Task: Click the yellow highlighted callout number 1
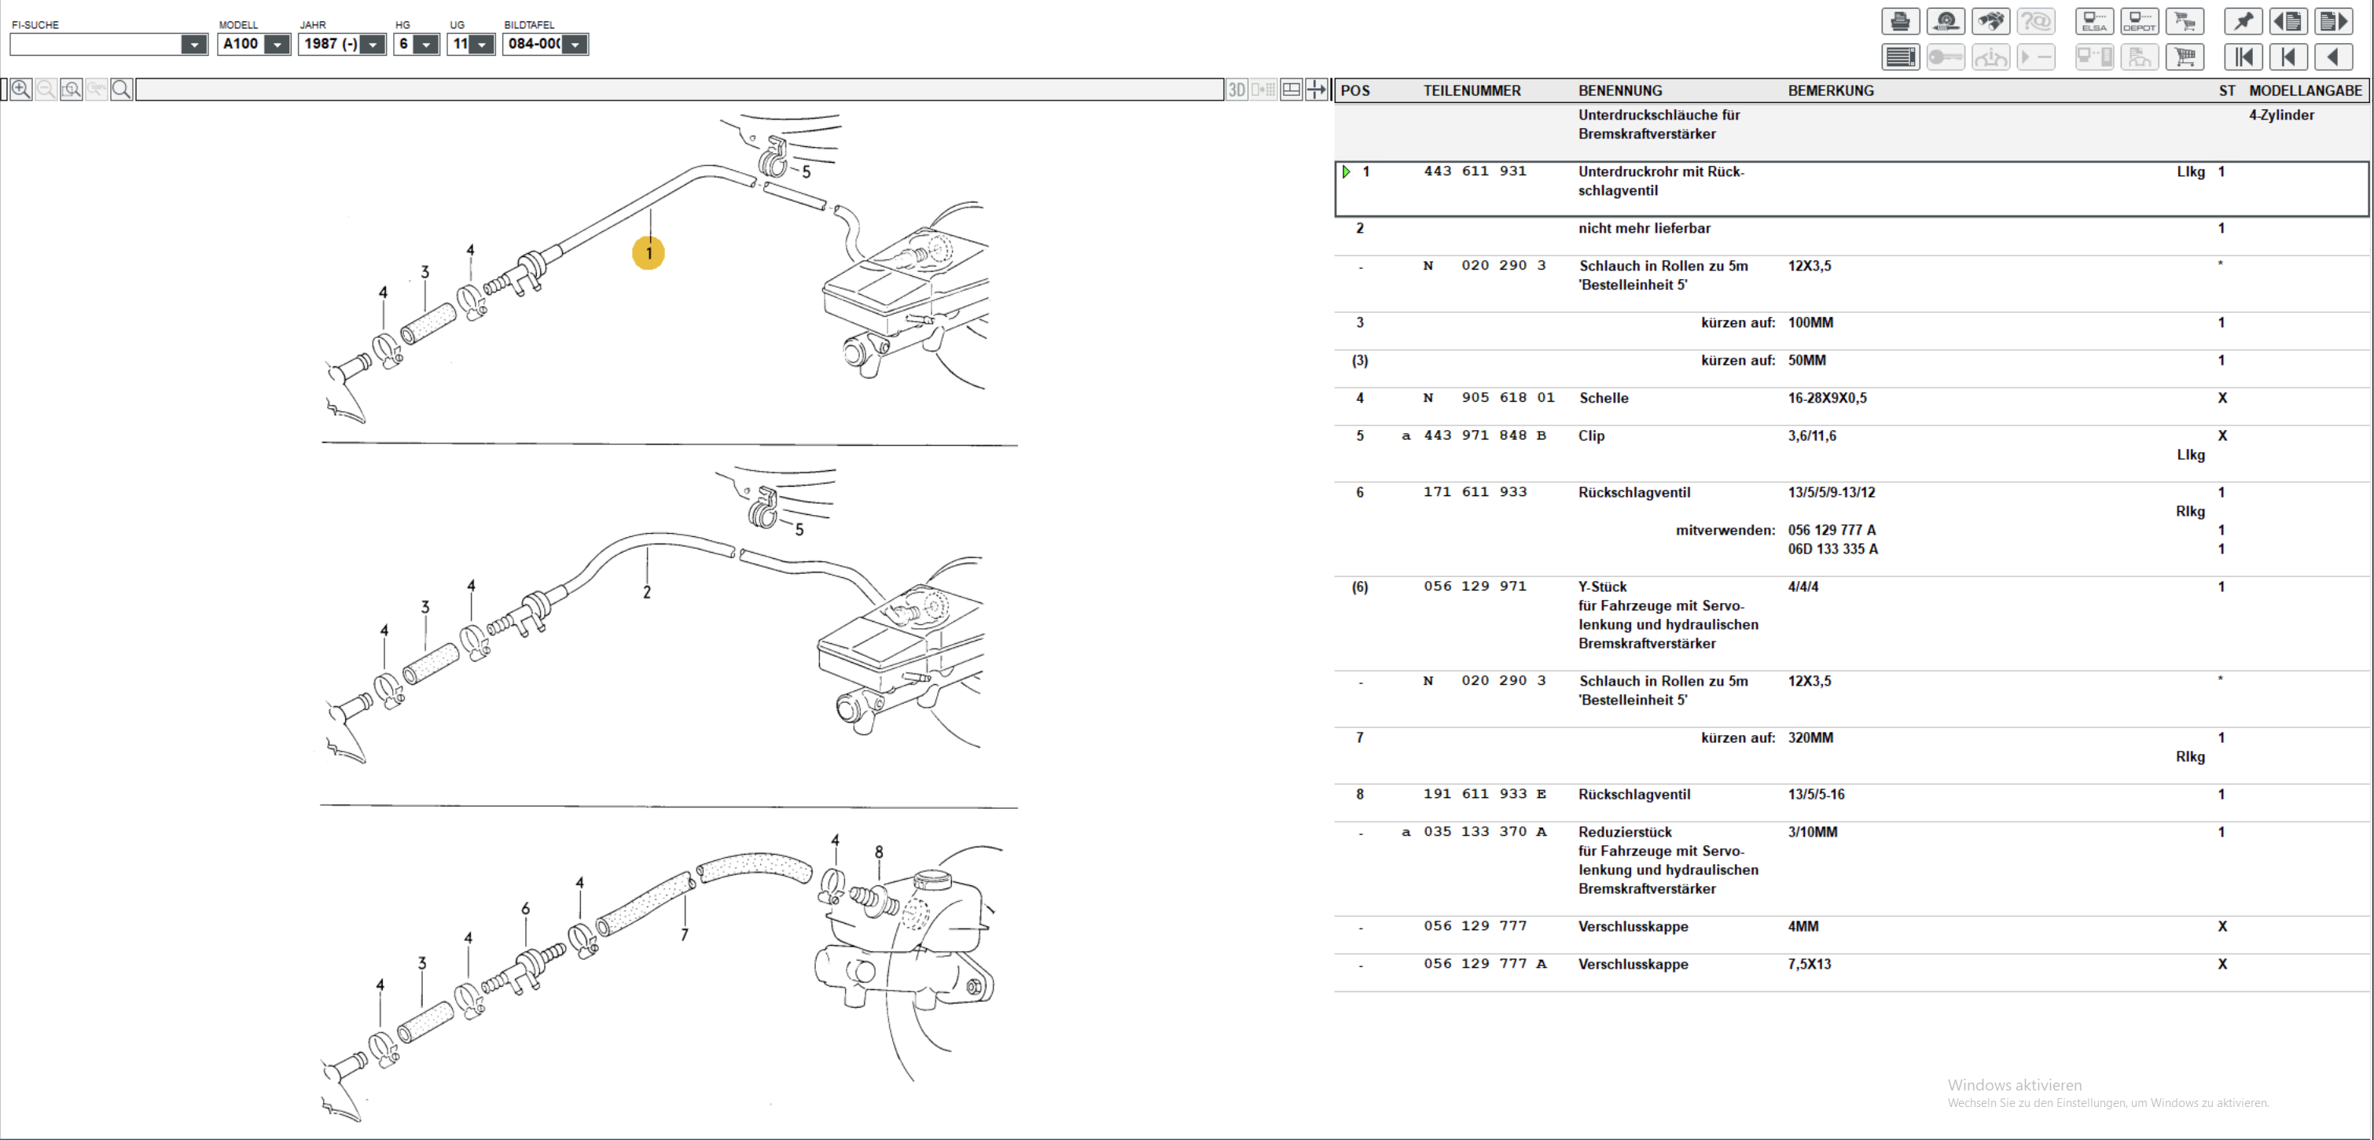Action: tap(649, 253)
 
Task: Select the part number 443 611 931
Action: tap(1475, 171)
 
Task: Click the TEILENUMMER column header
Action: tap(1472, 90)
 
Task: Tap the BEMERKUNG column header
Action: tap(1830, 90)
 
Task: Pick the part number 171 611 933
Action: tap(1475, 492)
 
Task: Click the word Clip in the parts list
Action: tap(1592, 436)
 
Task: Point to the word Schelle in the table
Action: tap(1604, 398)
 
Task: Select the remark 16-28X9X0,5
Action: tap(1828, 398)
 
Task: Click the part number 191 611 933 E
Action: tap(1485, 794)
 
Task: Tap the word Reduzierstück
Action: tap(1625, 832)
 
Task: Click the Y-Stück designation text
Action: tap(1603, 587)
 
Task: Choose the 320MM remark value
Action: tap(1811, 738)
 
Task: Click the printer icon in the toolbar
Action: tap(1900, 21)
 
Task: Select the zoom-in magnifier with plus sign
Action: tap(20, 90)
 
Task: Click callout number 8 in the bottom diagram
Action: tap(878, 852)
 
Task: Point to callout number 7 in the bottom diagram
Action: tap(684, 935)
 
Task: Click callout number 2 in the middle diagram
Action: tap(647, 593)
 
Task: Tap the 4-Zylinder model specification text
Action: tap(2281, 116)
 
